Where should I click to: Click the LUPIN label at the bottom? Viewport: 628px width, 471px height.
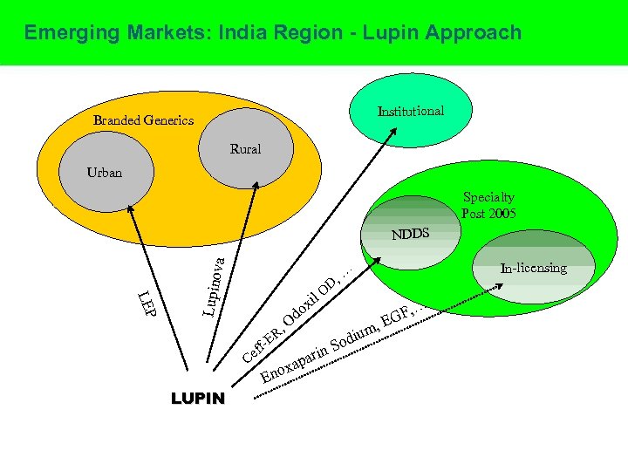point(198,399)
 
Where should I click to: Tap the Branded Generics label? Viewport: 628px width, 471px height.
point(143,120)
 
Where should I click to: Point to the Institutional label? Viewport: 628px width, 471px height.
point(410,112)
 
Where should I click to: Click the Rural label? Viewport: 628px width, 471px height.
point(245,149)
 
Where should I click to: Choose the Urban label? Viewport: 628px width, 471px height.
point(105,173)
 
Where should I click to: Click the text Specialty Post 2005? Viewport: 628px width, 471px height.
point(488,206)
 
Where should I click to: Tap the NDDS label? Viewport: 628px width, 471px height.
point(411,235)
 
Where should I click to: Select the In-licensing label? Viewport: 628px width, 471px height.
point(534,268)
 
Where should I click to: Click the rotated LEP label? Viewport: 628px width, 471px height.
point(146,301)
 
